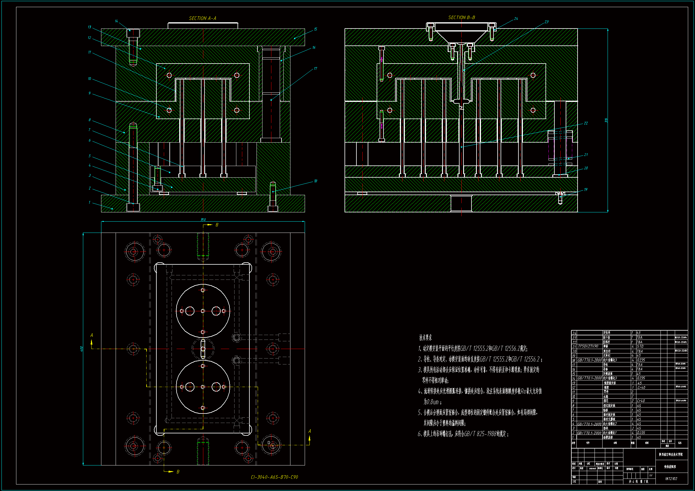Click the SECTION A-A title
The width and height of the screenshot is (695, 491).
click(202, 18)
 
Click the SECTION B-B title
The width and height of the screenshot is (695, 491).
click(462, 18)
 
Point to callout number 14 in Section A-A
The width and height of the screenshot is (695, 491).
click(117, 21)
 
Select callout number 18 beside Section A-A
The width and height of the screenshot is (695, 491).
click(315, 181)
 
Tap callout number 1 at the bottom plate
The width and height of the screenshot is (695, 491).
click(89, 202)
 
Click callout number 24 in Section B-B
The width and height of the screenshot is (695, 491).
click(516, 19)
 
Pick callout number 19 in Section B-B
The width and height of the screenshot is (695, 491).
click(586, 190)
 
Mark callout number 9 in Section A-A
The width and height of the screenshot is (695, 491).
click(89, 93)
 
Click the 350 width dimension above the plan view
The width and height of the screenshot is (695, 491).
click(203, 220)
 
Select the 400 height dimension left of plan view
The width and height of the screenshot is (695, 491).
click(81, 349)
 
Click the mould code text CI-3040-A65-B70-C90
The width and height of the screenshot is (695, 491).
click(274, 477)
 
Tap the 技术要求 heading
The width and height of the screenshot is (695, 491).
click(425, 338)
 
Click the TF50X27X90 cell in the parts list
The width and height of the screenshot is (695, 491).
click(588, 346)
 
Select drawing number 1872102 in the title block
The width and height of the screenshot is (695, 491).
click(671, 479)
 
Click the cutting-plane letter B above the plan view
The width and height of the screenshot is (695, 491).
click(217, 225)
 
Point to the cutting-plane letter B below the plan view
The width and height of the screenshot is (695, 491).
click(178, 472)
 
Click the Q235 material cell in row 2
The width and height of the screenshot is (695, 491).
click(641, 433)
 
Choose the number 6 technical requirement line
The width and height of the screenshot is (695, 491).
click(463, 434)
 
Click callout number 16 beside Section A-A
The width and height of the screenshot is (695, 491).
click(314, 48)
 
